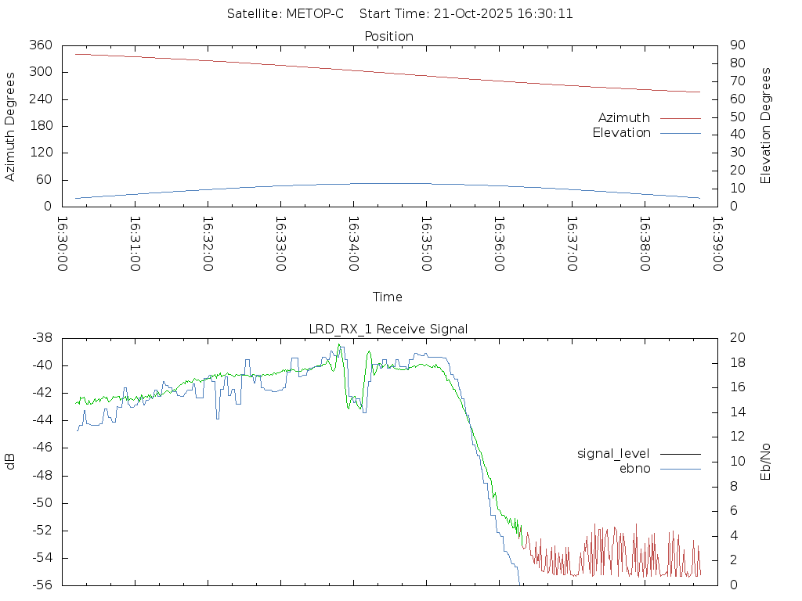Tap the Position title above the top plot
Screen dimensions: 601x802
tap(389, 36)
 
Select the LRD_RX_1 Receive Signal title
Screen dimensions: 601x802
tap(388, 329)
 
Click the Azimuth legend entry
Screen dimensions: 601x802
tap(624, 117)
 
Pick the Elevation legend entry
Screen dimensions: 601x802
tap(621, 133)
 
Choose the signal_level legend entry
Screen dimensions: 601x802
tap(613, 454)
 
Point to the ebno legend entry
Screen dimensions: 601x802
tap(634, 468)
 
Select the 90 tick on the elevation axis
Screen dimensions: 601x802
tap(735, 45)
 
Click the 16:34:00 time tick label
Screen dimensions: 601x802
tap(353, 244)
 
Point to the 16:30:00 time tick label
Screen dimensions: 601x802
tap(63, 244)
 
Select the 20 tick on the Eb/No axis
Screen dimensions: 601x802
tap(737, 338)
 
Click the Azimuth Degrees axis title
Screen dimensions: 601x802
tap(10, 126)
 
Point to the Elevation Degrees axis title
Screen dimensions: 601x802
tap(766, 126)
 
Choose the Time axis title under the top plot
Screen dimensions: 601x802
tap(388, 297)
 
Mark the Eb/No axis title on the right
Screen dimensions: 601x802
tap(766, 461)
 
